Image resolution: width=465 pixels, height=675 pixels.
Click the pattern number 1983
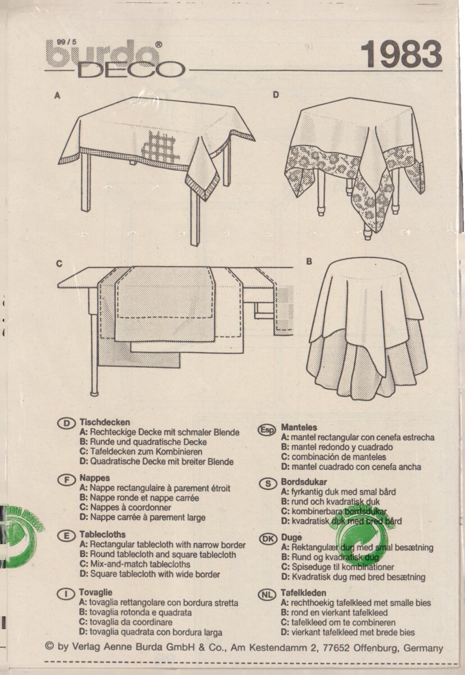400,55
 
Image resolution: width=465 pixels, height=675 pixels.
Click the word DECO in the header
131,70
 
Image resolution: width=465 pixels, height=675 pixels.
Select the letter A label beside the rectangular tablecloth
57,96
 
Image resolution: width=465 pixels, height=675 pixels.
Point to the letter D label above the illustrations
276,95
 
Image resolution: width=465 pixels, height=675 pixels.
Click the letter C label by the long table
59,264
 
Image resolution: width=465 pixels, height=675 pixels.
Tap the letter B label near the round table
309,262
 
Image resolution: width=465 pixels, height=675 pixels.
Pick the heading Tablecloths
102,534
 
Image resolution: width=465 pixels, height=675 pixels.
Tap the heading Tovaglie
96,592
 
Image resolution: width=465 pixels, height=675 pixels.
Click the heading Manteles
299,427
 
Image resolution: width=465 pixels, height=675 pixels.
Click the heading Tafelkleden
303,593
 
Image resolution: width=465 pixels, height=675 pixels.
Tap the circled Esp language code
267,430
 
